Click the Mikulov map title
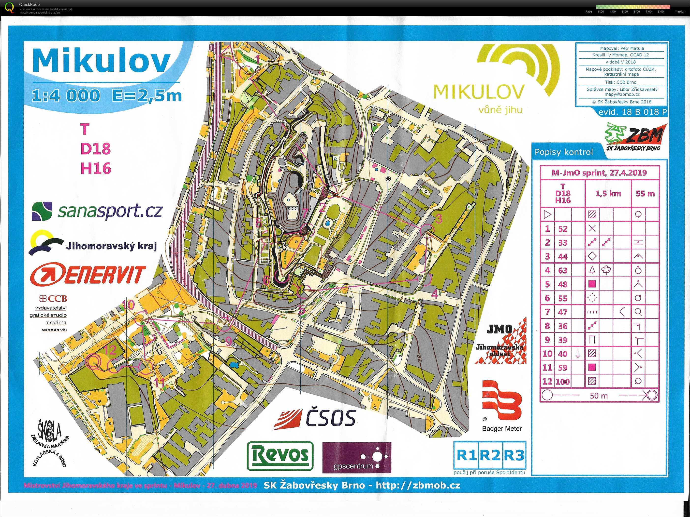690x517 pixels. point(101,61)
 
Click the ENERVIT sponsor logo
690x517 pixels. point(88,274)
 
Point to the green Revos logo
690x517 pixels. point(280,456)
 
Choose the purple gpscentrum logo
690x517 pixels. point(356,458)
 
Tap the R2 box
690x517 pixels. point(489,455)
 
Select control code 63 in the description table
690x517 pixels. point(563,271)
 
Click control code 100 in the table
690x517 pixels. point(563,382)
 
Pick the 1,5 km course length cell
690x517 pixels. point(608,194)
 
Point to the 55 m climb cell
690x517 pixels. point(645,194)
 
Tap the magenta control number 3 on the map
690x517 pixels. point(439,219)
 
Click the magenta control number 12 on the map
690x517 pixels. point(110,350)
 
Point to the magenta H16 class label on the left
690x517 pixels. point(96,169)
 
